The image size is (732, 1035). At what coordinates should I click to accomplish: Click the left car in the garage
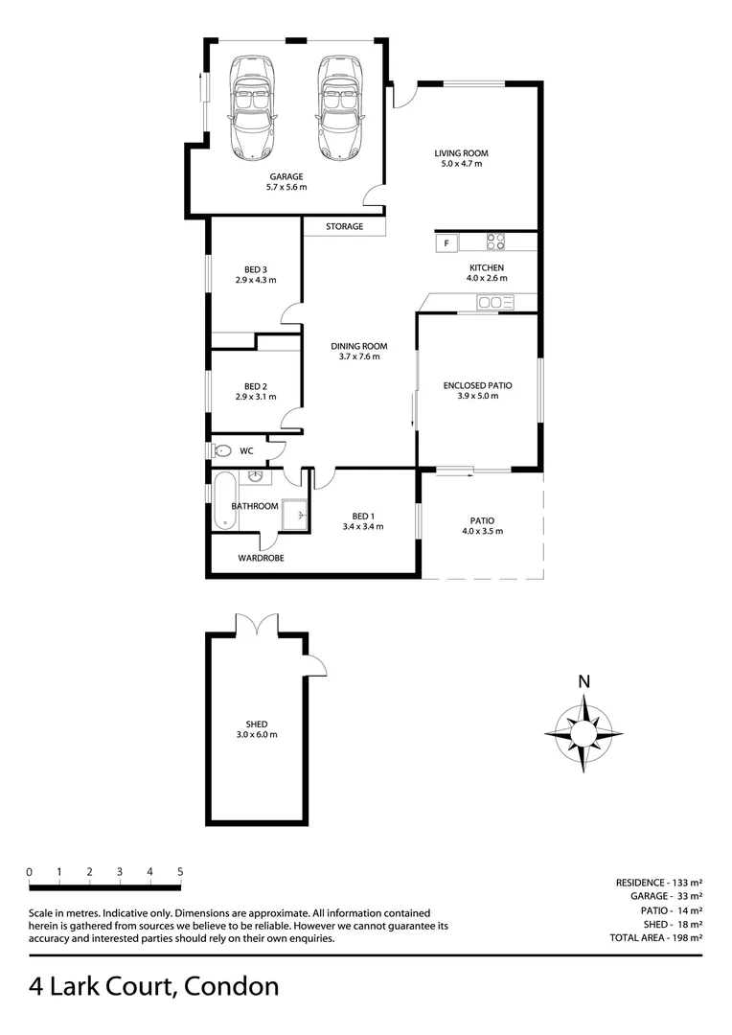[x=252, y=107]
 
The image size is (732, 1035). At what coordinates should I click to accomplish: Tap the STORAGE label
[x=345, y=227]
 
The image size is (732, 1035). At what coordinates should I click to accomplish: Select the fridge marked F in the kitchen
[x=446, y=244]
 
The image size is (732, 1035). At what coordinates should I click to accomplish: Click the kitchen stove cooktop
[x=495, y=241]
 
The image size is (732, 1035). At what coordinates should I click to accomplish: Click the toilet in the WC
[x=222, y=450]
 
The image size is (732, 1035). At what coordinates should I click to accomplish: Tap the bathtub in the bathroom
[x=224, y=499]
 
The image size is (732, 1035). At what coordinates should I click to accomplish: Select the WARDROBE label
[x=261, y=558]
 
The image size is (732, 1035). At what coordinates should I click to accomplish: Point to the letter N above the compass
[x=583, y=682]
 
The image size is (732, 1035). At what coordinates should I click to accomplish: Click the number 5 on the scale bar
[x=180, y=872]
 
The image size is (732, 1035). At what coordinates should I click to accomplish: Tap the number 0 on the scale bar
[x=30, y=872]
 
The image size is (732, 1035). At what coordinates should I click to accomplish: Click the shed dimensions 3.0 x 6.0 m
[x=256, y=735]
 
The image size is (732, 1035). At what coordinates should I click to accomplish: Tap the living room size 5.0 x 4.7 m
[x=458, y=164]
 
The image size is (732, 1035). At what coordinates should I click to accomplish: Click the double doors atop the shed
[x=256, y=624]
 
